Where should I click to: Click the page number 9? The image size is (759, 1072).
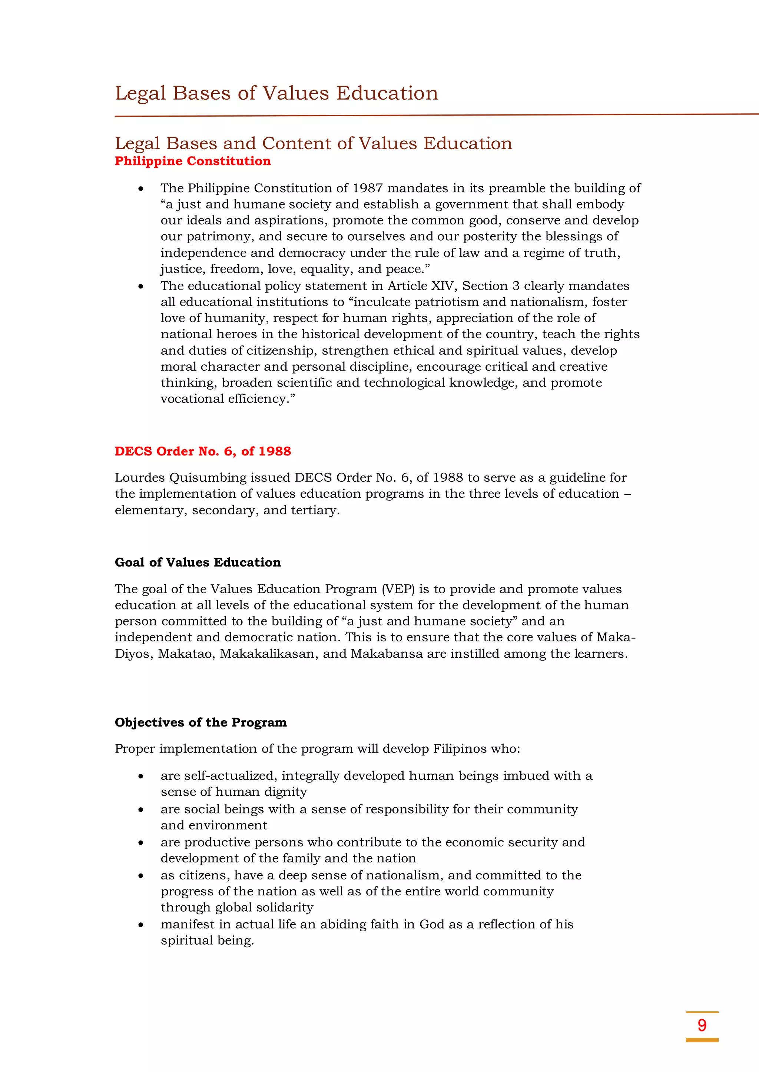702,1025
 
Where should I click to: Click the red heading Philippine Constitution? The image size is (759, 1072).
193,161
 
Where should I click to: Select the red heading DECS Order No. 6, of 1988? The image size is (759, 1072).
203,451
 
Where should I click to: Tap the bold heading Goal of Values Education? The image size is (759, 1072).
198,562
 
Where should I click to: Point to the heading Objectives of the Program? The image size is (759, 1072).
200,722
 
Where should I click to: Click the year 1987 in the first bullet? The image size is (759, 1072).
367,188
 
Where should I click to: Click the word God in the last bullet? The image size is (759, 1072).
431,925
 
